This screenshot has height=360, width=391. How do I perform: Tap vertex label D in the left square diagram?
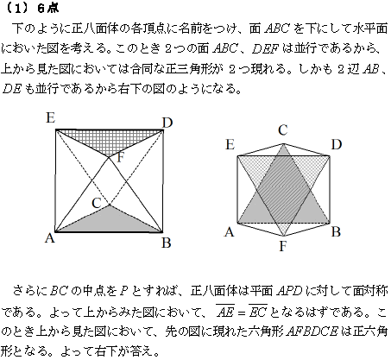pyautogui.click(x=167, y=122)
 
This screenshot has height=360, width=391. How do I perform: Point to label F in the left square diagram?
pyautogui.click(x=121, y=157)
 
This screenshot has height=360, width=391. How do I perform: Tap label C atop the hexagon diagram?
pyautogui.click(x=281, y=129)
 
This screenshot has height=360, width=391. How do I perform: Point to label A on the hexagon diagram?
pyautogui.click(x=230, y=231)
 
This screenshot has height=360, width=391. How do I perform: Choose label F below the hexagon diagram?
pyautogui.click(x=284, y=251)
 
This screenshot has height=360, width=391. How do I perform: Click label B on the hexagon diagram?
pyautogui.click(x=337, y=231)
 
